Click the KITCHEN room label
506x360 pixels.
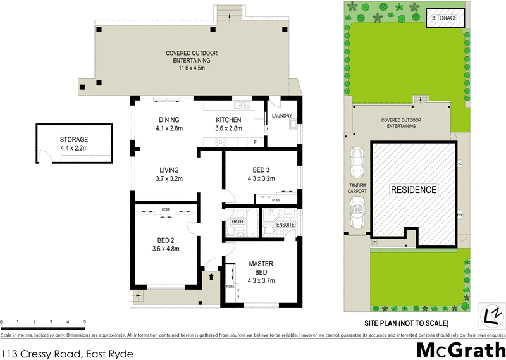tap(228, 120)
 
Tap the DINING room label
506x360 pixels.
tap(169, 120)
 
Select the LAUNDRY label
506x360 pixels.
tap(281, 116)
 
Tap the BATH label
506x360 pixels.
tap(237, 222)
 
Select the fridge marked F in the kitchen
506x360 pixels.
tap(255, 142)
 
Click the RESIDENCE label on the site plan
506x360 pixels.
tap(413, 190)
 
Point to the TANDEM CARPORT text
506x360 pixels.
tap(357, 188)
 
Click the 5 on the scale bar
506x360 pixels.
tap(84, 321)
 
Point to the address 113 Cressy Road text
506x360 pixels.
tap(67, 354)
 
